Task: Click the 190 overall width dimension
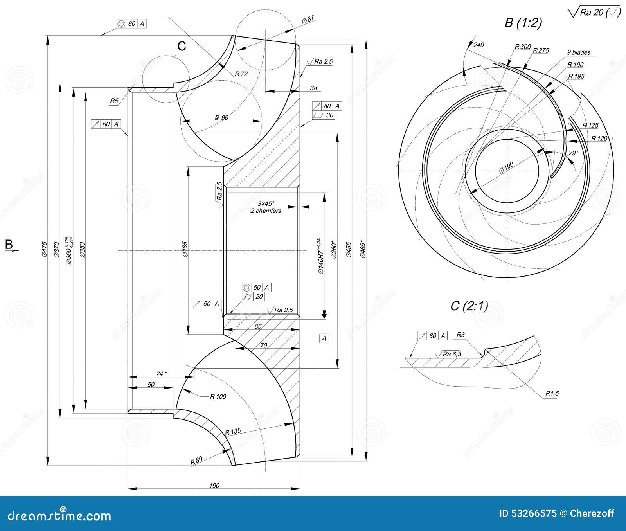pyautogui.click(x=214, y=485)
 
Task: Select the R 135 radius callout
pyautogui.click(x=233, y=432)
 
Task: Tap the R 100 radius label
pyautogui.click(x=218, y=396)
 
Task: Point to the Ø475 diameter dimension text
pyautogui.click(x=44, y=249)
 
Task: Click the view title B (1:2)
pyautogui.click(x=523, y=23)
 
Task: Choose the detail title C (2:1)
pyautogui.click(x=469, y=306)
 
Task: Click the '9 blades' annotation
pyautogui.click(x=579, y=52)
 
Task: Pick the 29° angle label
pyautogui.click(x=574, y=153)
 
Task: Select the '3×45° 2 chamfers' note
pyautogui.click(x=266, y=207)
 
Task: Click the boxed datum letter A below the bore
pyautogui.click(x=324, y=338)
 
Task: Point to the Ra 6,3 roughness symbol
pyautogui.click(x=452, y=354)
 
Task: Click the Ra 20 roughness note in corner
pyautogui.click(x=594, y=13)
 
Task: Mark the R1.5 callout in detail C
pyautogui.click(x=552, y=393)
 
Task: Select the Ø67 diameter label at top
pyautogui.click(x=308, y=20)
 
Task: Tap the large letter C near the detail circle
pyautogui.click(x=182, y=46)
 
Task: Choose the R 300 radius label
pyautogui.click(x=522, y=47)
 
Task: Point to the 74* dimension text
pyautogui.click(x=161, y=374)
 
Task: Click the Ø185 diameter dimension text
pyautogui.click(x=185, y=249)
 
